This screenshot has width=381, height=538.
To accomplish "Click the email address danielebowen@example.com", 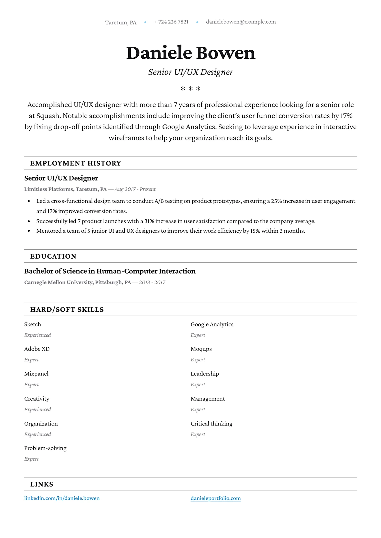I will click(241, 22).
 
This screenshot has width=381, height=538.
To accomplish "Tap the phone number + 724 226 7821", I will click(171, 22).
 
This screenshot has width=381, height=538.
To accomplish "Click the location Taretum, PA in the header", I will click(121, 22).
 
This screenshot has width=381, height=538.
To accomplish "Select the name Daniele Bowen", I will click(190, 53).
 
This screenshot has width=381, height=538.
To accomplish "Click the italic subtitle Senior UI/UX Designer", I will click(190, 72).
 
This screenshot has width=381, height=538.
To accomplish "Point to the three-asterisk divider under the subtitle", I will click(190, 89).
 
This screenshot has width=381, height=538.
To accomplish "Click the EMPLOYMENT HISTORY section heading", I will click(76, 163).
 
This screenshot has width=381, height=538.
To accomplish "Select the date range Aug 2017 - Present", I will click(135, 189).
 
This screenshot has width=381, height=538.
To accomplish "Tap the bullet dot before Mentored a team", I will click(29, 231).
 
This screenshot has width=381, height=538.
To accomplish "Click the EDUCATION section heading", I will click(53, 256).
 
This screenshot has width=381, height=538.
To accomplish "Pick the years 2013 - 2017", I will click(152, 282).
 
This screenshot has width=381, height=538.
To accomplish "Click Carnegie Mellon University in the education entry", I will click(58, 282).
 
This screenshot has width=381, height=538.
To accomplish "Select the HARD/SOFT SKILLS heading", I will click(67, 310).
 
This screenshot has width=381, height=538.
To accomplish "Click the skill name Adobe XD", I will click(37, 349).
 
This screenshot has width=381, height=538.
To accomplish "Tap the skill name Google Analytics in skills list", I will click(212, 324).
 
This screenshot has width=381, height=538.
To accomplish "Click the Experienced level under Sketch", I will click(38, 335).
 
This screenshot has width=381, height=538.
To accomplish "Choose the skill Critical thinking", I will click(211, 424).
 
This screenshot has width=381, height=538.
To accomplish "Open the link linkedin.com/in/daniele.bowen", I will click(62, 498).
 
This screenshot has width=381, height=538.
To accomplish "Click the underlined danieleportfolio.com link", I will click(216, 498).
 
